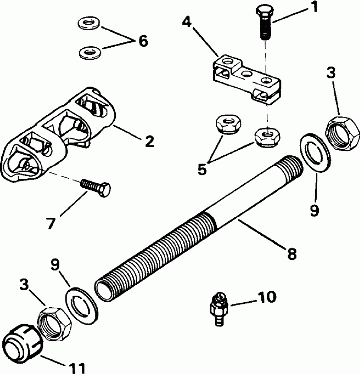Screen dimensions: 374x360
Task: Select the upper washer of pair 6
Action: (x=89, y=23)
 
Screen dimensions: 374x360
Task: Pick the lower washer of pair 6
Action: (x=89, y=52)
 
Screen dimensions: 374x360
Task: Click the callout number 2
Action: (x=149, y=141)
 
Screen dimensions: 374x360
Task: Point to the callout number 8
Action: (x=291, y=252)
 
